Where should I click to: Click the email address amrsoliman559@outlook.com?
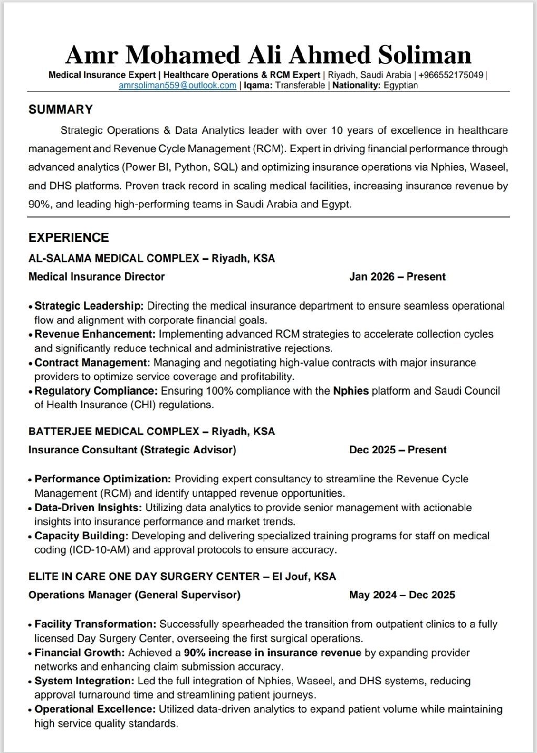[x=177, y=86]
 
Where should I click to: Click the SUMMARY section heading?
[x=60, y=110]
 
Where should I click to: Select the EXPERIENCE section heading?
[x=69, y=238]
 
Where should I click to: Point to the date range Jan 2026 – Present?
[x=397, y=277]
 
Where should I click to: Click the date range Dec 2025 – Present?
[x=398, y=450]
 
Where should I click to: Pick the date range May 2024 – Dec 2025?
[x=402, y=595]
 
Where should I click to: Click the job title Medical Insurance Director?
[x=96, y=277]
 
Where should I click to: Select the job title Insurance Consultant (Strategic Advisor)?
[x=132, y=450]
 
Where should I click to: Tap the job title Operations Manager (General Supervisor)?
[x=134, y=595]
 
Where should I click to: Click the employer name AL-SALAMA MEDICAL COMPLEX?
[x=114, y=258]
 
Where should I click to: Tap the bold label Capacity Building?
[x=82, y=536]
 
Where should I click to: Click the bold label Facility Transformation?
[x=95, y=624]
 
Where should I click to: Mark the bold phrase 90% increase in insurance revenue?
[x=273, y=653]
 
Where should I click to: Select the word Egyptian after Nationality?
[x=401, y=86]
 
